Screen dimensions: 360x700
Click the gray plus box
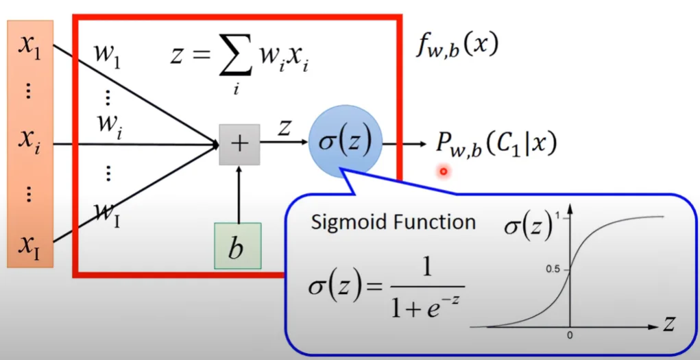[239, 144]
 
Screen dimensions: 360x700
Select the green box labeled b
[237, 245]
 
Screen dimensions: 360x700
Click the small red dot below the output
[444, 171]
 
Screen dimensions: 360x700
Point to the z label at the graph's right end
[669, 324]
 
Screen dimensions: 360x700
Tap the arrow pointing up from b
[239, 192]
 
